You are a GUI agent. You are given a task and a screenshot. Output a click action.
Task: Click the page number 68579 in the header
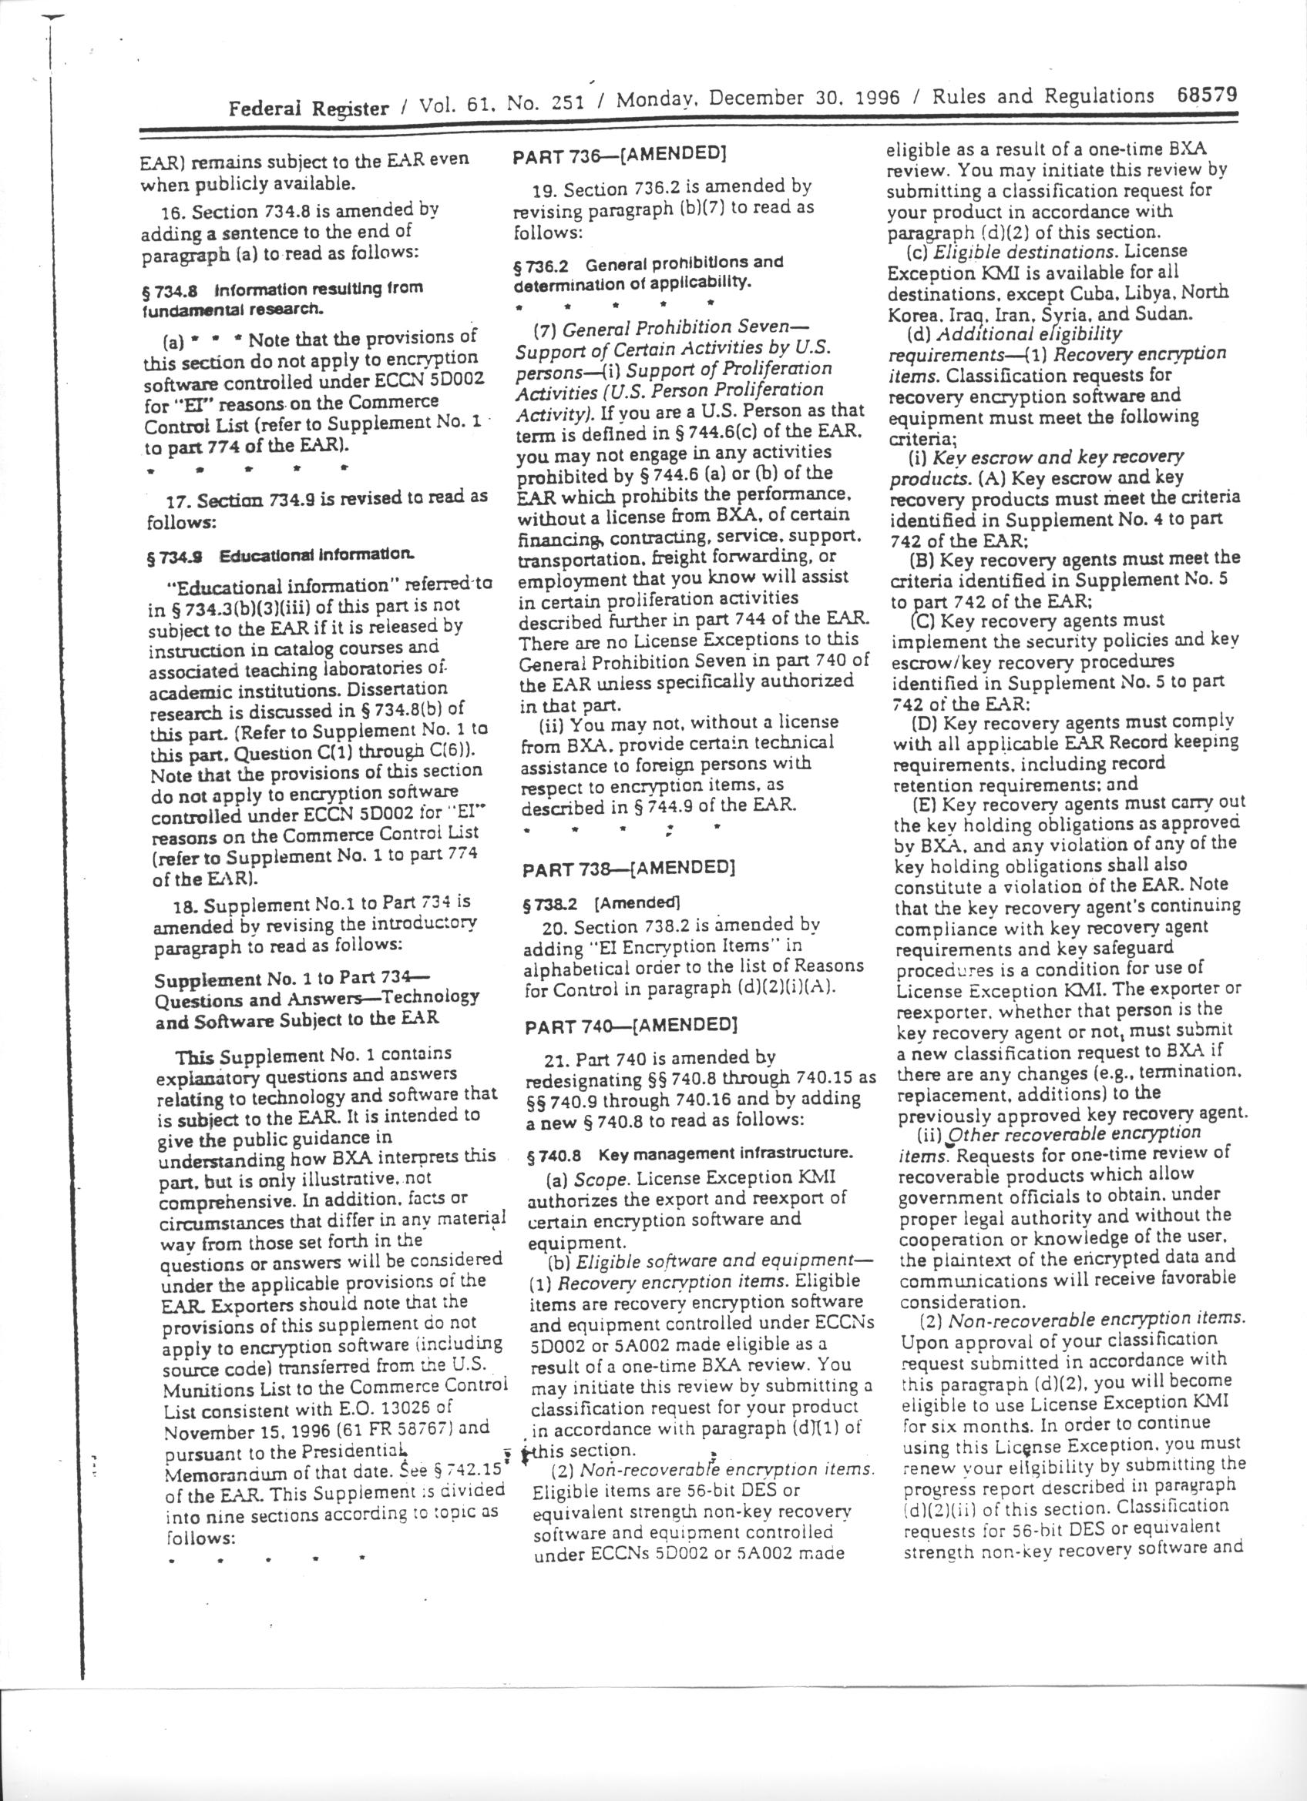pyautogui.click(x=1205, y=95)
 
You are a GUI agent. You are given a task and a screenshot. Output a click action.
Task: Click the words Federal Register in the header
pyautogui.click(x=309, y=107)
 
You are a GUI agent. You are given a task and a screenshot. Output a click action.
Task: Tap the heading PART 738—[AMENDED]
pyautogui.click(x=627, y=869)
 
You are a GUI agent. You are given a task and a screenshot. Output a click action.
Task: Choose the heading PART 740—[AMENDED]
pyautogui.click(x=631, y=1025)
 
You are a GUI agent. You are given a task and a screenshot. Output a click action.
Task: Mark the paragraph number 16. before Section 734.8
pyautogui.click(x=173, y=213)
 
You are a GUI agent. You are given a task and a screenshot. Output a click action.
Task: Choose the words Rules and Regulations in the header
pyautogui.click(x=1043, y=97)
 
